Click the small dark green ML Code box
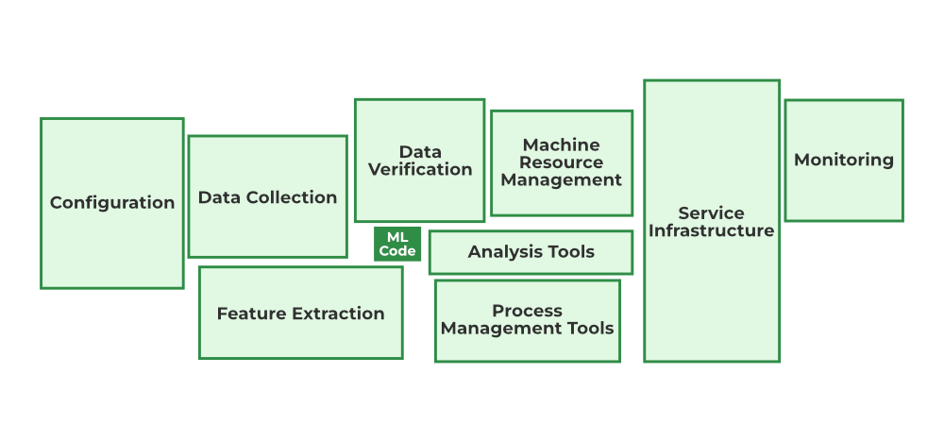coord(397,244)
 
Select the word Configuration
coord(112,203)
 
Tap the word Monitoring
coord(844,160)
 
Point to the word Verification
coord(420,170)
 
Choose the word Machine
coord(562,145)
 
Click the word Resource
coord(562,162)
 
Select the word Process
coord(527,311)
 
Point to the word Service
coord(712,213)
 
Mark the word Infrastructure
coord(712,230)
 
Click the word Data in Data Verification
coord(420,152)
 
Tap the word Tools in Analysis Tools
coord(572,252)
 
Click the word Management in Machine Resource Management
coord(562,179)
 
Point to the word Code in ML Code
coord(397,251)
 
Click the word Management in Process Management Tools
coord(501,329)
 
